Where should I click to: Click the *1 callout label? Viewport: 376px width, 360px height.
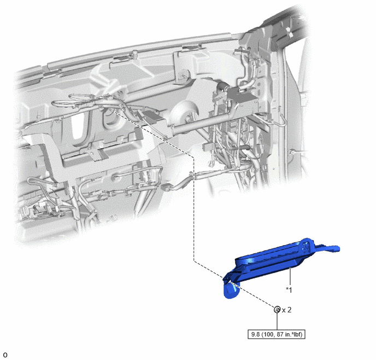pyautogui.click(x=289, y=290)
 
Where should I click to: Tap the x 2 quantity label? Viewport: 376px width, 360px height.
pyautogui.click(x=287, y=310)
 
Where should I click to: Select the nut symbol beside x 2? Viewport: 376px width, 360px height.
pyautogui.click(x=277, y=310)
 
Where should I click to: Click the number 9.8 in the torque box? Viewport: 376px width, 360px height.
pyautogui.click(x=255, y=334)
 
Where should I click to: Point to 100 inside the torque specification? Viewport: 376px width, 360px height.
pyautogui.click(x=266, y=334)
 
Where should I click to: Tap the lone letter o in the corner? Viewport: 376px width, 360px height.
pyautogui.click(x=5, y=355)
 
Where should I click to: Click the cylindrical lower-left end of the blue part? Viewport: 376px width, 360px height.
pyautogui.click(x=231, y=291)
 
